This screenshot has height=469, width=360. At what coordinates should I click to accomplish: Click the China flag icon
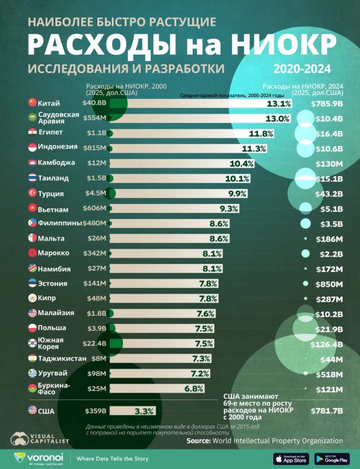32,103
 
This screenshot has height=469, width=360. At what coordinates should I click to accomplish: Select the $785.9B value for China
327,104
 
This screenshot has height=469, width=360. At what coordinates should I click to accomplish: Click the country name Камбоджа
57,163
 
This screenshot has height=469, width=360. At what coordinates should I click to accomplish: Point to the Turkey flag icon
32,193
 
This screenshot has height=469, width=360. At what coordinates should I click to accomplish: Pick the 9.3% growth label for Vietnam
229,209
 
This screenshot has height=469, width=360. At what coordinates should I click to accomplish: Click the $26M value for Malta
97,239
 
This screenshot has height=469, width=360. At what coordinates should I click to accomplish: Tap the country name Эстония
53,284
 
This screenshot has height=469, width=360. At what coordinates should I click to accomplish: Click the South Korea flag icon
32,343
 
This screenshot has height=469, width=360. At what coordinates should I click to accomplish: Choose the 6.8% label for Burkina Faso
194,388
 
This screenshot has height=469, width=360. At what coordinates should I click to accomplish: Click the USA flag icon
32,410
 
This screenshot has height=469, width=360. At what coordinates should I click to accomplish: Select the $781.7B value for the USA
327,411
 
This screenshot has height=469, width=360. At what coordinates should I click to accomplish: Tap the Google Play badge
332,458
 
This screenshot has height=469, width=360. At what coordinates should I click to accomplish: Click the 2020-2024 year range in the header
302,69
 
